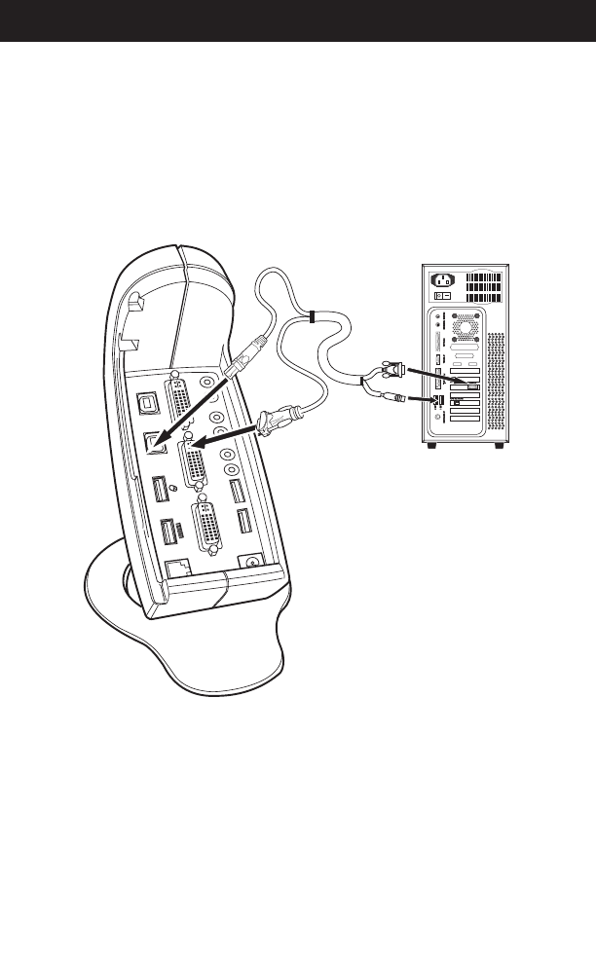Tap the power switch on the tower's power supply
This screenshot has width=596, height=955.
tap(443, 296)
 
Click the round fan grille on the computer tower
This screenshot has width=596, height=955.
tap(465, 325)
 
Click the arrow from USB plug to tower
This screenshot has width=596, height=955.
tap(425, 399)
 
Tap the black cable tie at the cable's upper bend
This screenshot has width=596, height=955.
tap(310, 317)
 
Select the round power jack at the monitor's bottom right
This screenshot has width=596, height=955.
tap(252, 562)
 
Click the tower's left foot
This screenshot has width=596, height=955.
tap(431, 446)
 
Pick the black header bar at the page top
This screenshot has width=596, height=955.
tap(298, 20)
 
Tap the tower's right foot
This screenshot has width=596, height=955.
tap(500, 446)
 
